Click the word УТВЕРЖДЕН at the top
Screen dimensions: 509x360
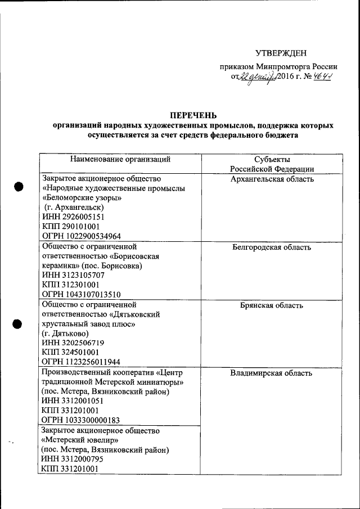point(281,53)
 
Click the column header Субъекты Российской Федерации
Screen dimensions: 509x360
point(272,164)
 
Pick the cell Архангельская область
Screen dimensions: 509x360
point(272,179)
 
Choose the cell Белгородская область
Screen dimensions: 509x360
point(272,247)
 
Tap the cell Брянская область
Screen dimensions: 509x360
point(272,305)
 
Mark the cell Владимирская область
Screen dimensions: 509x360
point(272,373)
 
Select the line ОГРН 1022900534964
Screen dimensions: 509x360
point(82,236)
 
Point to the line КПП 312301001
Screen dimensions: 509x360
point(70,285)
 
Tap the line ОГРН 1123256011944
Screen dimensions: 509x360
point(82,362)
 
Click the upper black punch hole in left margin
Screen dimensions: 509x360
point(19,187)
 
